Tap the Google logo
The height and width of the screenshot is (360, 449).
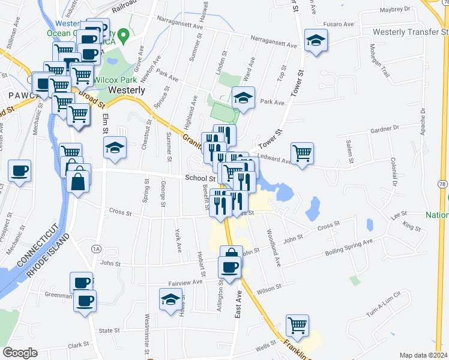point(20,353)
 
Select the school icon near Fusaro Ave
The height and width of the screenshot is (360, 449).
point(315,41)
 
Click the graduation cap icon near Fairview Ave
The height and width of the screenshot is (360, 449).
point(170,298)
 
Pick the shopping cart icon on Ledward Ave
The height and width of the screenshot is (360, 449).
point(302,152)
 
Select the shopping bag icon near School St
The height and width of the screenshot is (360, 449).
point(79,178)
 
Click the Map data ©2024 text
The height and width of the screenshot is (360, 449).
point(423,355)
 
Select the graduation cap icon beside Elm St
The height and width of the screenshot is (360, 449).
point(115,148)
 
